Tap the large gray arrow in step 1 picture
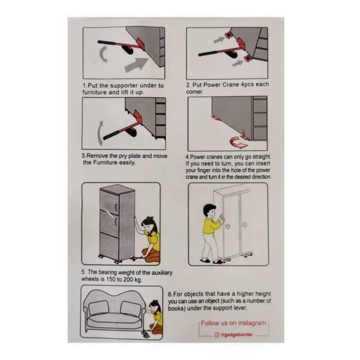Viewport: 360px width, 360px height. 136,65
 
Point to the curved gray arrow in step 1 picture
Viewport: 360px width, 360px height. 103,54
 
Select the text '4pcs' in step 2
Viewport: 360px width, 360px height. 247,85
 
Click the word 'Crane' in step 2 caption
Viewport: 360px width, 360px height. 231,85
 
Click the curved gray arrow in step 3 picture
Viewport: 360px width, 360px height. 100,133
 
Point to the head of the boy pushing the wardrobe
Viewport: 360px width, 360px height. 209,211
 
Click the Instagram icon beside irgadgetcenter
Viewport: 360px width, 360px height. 217,335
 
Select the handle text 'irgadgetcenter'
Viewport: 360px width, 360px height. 237,335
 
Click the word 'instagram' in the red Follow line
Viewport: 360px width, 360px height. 252,323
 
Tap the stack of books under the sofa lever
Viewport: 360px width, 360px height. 146,335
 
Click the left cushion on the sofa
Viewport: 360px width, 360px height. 98,307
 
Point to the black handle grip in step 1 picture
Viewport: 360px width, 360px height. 106,43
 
